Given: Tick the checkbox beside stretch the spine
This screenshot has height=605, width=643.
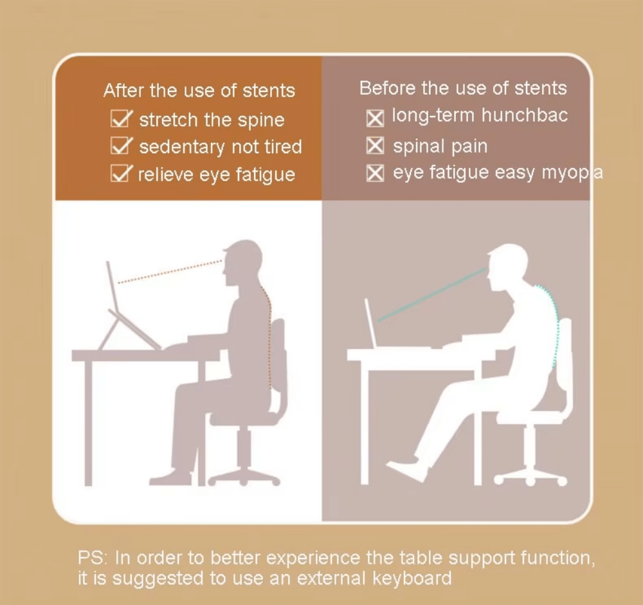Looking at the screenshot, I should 120,120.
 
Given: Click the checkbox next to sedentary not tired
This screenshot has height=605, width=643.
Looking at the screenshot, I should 120,147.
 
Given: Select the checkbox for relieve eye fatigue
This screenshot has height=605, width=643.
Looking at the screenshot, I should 120,174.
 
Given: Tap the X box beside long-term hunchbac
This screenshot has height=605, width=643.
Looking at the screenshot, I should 375,118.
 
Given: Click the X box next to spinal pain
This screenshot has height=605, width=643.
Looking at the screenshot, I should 375,146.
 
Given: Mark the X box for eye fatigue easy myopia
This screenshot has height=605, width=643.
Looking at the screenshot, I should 375,173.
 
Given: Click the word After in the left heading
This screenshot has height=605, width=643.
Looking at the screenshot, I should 123,91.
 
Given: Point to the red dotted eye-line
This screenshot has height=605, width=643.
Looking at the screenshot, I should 170,272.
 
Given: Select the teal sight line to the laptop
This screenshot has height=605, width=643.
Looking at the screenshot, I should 431,296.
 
